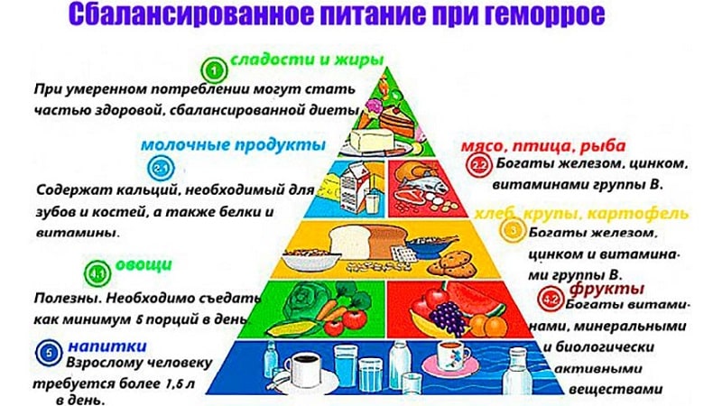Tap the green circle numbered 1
(x=214, y=68)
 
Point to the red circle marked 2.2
(x=479, y=165)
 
